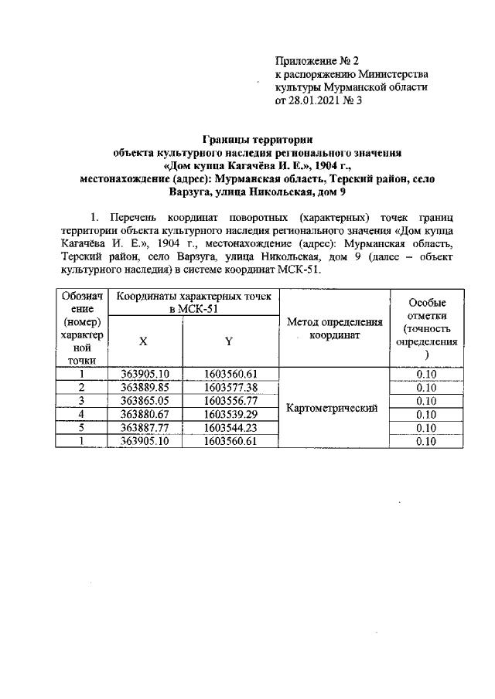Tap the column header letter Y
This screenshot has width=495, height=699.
point(229,341)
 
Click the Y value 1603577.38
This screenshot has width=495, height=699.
point(230,388)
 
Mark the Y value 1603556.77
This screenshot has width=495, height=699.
point(230,401)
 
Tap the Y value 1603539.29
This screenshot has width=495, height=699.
point(230,415)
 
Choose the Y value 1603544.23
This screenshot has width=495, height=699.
point(230,428)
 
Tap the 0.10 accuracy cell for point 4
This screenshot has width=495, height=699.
point(425,415)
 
